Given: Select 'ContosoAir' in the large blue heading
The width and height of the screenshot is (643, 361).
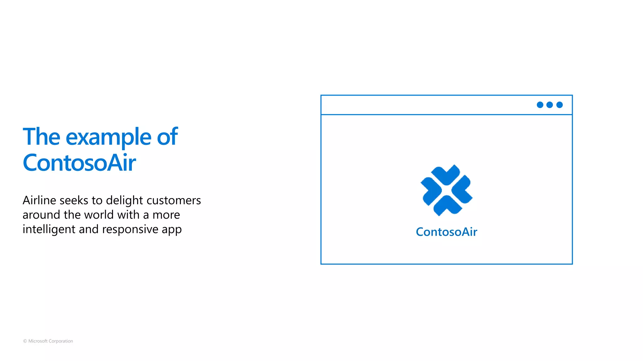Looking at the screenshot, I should pos(79,163).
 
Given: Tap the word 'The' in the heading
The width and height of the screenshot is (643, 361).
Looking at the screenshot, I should pos(41,137).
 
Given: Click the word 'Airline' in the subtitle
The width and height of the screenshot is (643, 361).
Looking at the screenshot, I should pos(39,200).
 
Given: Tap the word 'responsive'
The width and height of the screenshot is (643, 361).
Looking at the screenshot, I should pos(130,230).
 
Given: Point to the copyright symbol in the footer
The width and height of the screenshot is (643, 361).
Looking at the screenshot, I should pos(25,341).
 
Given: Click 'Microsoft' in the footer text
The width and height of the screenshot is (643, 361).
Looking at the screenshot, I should pos(38,341).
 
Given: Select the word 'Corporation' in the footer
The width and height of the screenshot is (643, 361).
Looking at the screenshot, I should pos(61,341).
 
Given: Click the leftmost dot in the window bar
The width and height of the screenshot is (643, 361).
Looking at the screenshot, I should pos(540,105).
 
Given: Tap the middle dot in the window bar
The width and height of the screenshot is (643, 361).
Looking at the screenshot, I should pos(550,105).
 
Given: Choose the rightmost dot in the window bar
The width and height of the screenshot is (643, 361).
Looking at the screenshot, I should pos(559,105).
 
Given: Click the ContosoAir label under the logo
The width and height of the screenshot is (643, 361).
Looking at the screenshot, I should pos(446,232).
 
